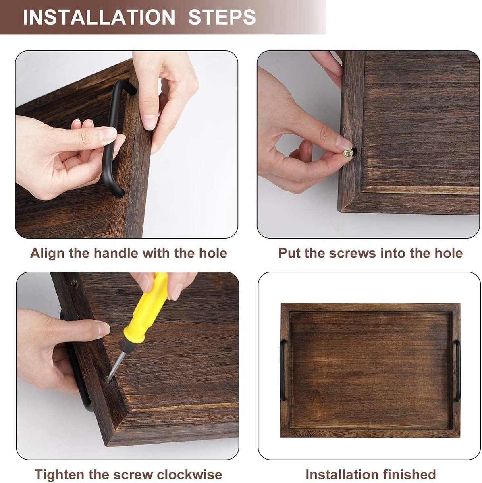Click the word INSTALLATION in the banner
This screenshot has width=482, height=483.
click(99, 17)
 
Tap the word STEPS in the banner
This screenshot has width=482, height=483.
click(222, 17)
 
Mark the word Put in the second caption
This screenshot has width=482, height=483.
click(289, 253)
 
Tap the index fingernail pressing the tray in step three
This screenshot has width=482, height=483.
click(103, 329)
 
